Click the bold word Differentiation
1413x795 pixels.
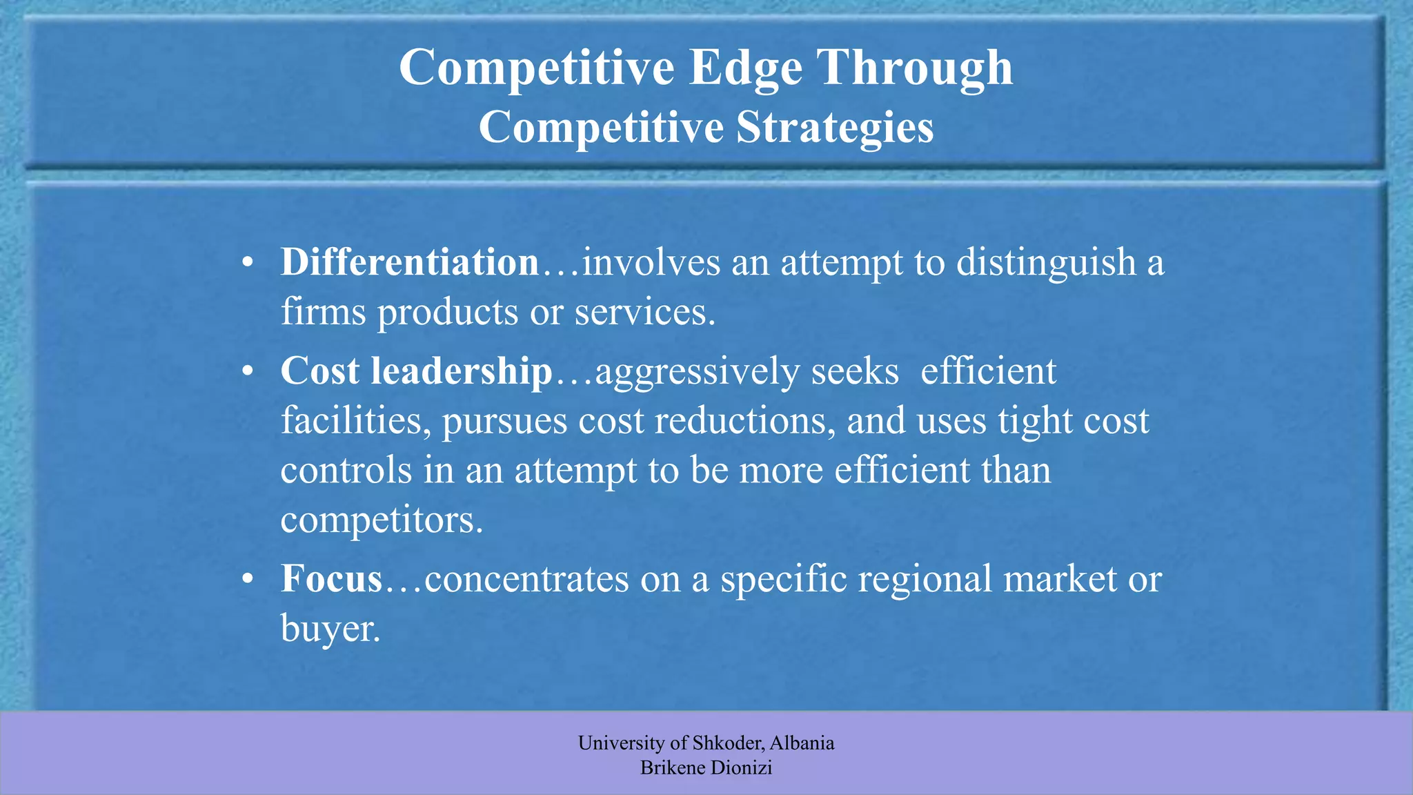click(x=409, y=263)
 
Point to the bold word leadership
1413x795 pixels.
click(x=462, y=371)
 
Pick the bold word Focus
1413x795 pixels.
click(x=331, y=578)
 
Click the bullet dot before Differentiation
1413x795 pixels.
click(x=248, y=264)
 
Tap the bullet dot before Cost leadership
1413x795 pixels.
click(x=248, y=373)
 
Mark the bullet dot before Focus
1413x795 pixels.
click(x=248, y=580)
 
